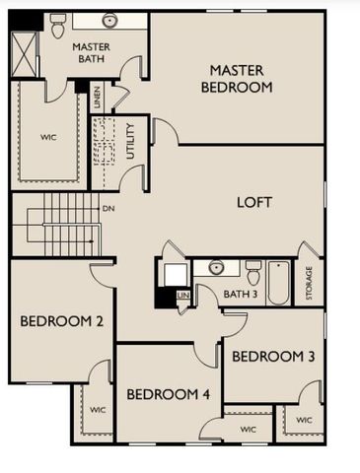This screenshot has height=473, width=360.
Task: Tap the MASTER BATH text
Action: click(x=91, y=53)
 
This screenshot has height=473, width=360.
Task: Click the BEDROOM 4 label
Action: click(x=169, y=394)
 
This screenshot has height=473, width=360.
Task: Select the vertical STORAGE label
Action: click(x=309, y=284)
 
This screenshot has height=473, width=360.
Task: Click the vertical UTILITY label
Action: click(x=129, y=141)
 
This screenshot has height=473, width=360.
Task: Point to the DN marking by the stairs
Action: click(x=108, y=209)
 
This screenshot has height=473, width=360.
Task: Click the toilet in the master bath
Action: click(x=57, y=24)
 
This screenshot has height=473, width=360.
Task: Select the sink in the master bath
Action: click(x=109, y=21)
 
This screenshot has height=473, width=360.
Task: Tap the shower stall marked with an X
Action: click(x=24, y=53)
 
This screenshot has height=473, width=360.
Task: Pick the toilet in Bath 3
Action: click(x=253, y=271)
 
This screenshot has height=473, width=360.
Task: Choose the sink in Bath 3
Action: click(x=216, y=267)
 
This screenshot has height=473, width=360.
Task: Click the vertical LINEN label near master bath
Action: click(x=97, y=97)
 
